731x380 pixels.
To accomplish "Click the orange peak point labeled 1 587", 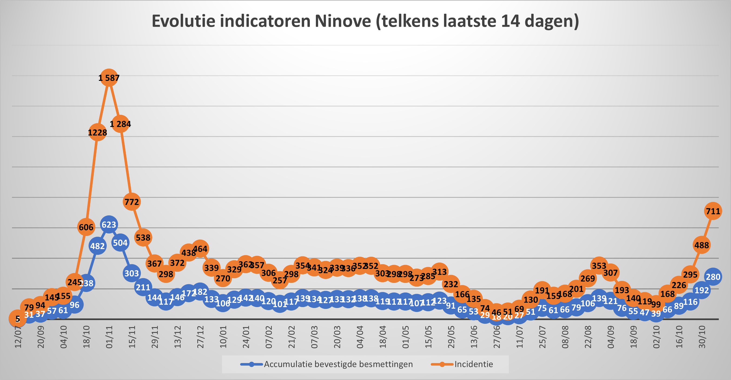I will click(x=109, y=77).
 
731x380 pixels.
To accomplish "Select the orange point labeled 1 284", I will click(x=120, y=124).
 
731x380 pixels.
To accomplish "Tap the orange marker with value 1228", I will click(x=97, y=132).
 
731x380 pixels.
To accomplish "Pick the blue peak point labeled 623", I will click(x=109, y=225).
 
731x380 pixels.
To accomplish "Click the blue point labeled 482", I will click(x=97, y=246).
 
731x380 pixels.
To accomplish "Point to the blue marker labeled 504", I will click(x=120, y=242).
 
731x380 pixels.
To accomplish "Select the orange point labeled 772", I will click(x=132, y=202).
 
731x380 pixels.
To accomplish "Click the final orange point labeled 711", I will click(x=713, y=211).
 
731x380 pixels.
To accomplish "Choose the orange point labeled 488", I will click(x=701, y=245).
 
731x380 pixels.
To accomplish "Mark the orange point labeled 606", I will click(x=86, y=227).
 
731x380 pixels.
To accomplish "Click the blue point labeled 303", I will click(x=132, y=273).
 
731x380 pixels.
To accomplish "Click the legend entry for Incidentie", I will click(x=473, y=364).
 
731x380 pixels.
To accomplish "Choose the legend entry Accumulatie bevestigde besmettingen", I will click(x=338, y=364).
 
